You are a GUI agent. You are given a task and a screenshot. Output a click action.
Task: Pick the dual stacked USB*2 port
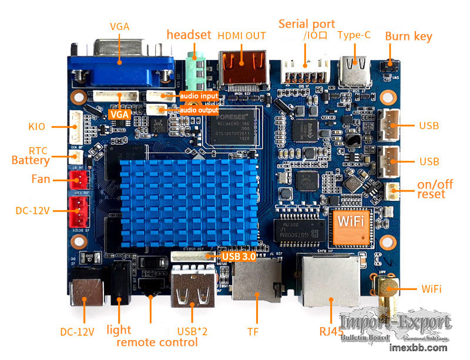pos(192,288)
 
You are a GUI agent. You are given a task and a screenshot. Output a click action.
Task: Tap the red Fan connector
pos(78,179)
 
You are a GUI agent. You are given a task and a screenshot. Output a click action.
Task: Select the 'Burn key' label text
pos(408,36)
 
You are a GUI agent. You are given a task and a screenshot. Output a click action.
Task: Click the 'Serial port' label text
pos(307,24)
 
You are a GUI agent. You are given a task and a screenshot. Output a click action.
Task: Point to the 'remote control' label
pos(157,342)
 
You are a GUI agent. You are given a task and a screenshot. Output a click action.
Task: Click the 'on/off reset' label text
pos(431,189)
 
